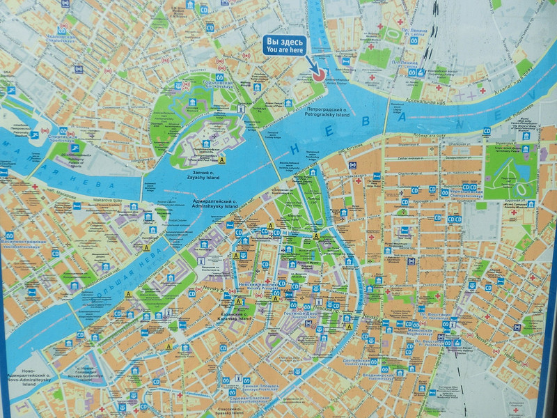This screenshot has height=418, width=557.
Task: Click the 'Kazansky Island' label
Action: click(233, 318)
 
